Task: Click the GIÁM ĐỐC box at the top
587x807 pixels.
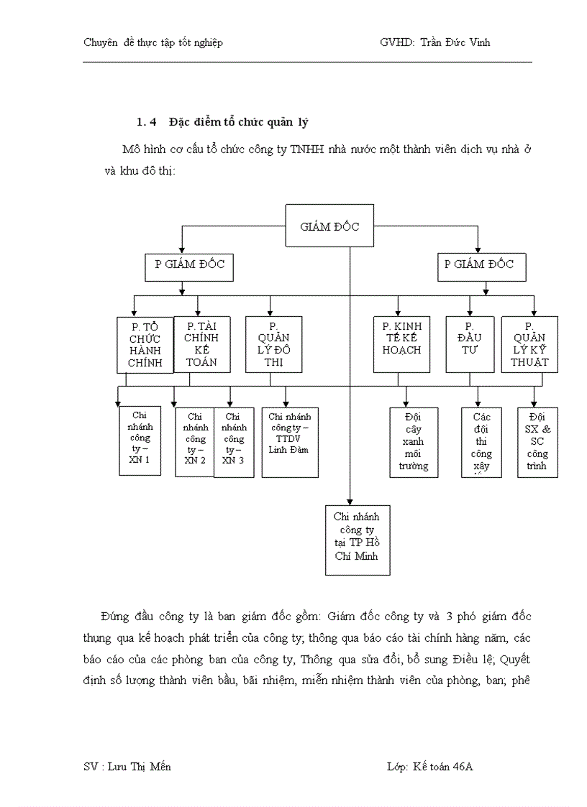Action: coord(329,226)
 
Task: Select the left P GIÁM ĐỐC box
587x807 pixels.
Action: coord(190,264)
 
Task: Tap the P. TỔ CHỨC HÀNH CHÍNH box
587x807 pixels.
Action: coord(145,344)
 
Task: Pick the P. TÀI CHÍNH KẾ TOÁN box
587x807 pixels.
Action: coord(201,344)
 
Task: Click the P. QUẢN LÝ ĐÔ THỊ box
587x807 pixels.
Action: coord(269,344)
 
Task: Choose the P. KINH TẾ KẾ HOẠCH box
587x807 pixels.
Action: coord(401,344)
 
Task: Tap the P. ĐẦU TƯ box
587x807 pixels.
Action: coord(470,344)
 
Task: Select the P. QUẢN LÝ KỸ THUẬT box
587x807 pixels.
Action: coord(529,344)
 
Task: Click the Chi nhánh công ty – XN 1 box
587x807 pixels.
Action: coord(140,441)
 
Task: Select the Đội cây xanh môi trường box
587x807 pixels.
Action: coord(414,441)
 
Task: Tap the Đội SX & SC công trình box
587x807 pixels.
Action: coord(537,441)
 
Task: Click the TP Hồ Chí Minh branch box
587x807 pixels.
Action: coord(358,539)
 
